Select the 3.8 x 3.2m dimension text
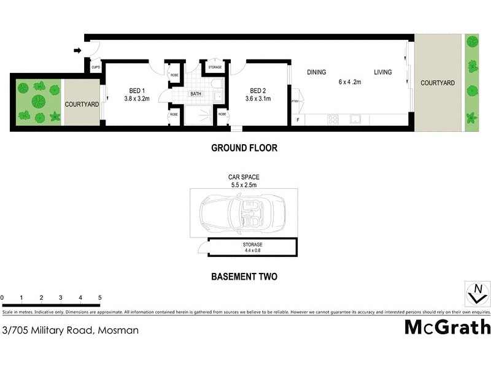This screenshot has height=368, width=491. tap(137, 98)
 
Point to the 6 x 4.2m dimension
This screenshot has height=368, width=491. tap(350, 82)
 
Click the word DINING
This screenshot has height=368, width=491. tap(317, 72)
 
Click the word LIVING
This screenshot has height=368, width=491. tap(383, 72)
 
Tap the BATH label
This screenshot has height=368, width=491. tap(196, 94)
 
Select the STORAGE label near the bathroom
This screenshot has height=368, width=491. tap(215, 67)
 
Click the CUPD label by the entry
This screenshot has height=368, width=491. tap(96, 67)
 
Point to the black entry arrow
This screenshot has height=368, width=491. tap(78, 50)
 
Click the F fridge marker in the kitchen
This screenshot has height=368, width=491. tap(299, 120)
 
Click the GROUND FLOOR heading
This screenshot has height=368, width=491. tap(244, 148)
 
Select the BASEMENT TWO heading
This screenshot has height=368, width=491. tap(244, 277)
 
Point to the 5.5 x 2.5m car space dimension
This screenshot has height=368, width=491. tap(244, 184)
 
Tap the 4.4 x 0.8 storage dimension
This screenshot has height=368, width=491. tap(253, 250)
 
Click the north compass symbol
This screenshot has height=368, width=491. tap(476, 293)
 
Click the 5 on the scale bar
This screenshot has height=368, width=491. tap(99, 297)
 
